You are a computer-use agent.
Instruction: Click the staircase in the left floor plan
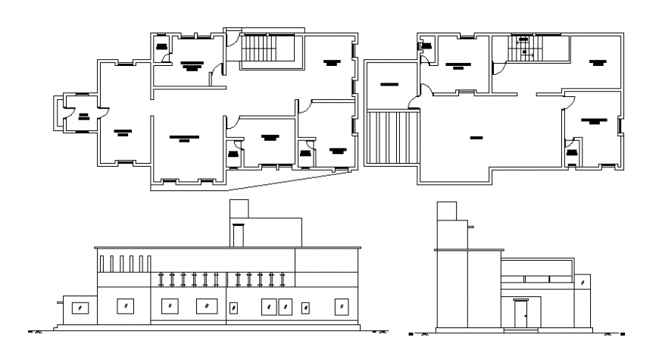pyautogui.click(x=260, y=51)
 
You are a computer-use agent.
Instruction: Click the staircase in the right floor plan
pyautogui.click(x=524, y=49)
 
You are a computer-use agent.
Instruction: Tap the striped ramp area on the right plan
pyautogui.click(x=392, y=136)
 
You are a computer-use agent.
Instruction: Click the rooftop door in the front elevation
pyautogui.click(x=239, y=235)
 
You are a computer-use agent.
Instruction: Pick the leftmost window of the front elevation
pyautogui.click(x=78, y=308)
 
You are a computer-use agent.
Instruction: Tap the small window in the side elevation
pyautogui.click(x=582, y=282)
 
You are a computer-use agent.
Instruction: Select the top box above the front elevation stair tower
pyautogui.click(x=239, y=209)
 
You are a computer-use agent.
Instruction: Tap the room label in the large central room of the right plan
pyautogui.click(x=476, y=138)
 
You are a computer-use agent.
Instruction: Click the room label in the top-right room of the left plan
pyautogui.click(x=330, y=62)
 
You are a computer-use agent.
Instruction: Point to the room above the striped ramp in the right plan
pyautogui.click(x=390, y=83)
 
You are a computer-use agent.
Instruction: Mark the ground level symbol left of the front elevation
pyautogui.click(x=34, y=331)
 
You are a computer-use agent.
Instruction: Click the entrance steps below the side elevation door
pyautogui.click(x=520, y=329)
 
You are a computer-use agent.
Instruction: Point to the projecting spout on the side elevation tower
pyautogui.click(x=471, y=226)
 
